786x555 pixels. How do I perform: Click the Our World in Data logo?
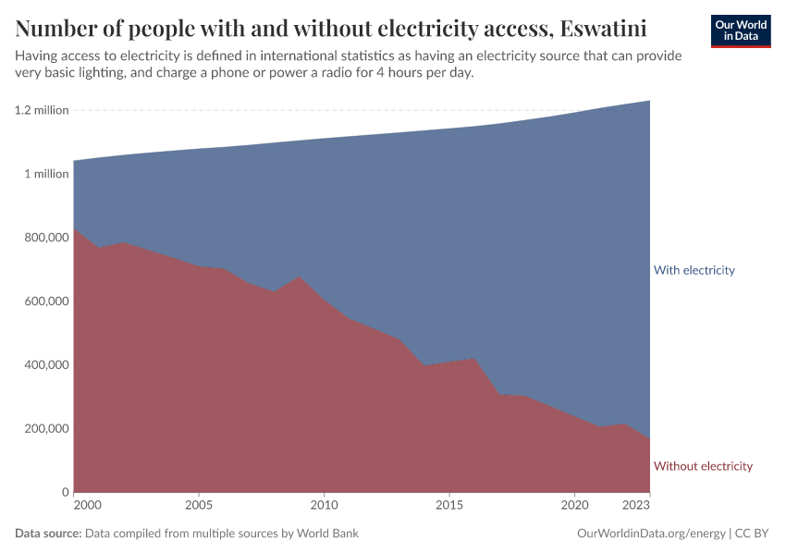741,31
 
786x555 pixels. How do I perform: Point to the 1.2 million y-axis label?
42,110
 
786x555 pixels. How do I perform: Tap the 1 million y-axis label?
46,174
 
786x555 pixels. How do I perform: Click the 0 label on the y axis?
65,492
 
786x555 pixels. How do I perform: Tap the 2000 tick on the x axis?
87,506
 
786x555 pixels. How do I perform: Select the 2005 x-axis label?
199,506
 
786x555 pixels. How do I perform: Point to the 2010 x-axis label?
324,506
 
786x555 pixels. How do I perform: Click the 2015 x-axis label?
449,506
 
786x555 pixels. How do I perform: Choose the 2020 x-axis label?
574,506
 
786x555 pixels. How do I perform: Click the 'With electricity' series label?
694,270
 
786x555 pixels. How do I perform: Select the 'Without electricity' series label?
703,466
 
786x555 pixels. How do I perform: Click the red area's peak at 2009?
299,277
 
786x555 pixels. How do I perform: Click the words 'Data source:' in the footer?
48,534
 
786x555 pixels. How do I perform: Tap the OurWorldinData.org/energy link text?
651,534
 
